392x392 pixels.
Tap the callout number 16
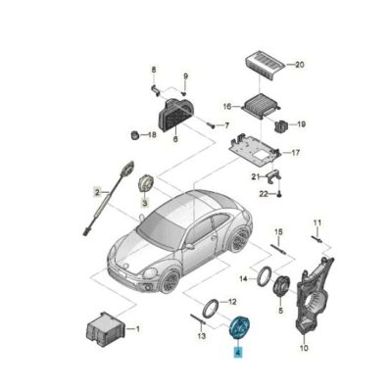coord(226,105)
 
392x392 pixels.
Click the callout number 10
coord(302,347)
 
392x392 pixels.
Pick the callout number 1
coord(136,328)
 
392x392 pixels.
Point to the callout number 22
coord(263,195)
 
